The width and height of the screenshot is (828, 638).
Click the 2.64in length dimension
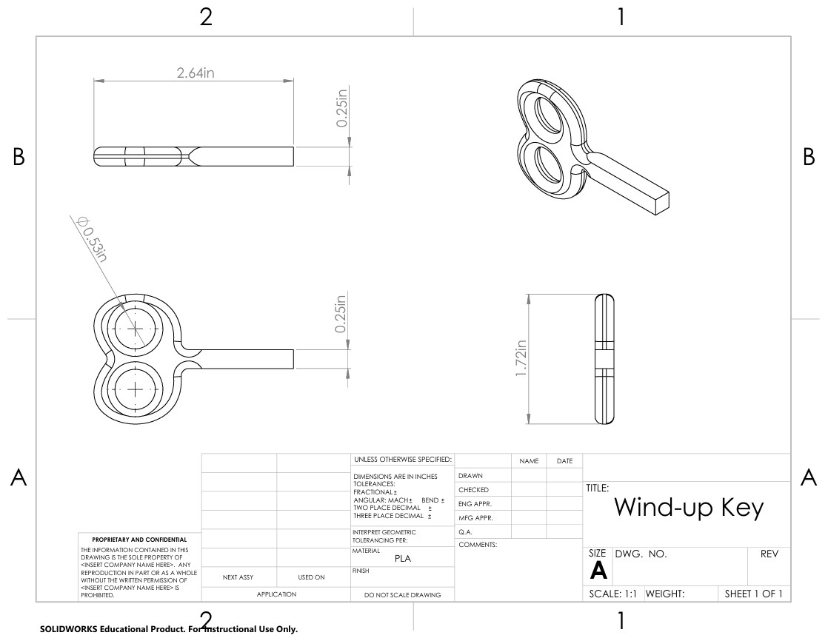click(196, 73)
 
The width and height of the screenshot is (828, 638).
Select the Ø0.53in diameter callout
click(93, 238)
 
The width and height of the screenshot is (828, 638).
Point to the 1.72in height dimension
click(521, 358)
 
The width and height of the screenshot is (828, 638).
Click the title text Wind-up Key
click(689, 508)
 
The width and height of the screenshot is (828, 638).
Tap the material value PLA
click(402, 558)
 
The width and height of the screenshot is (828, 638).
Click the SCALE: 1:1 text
click(612, 594)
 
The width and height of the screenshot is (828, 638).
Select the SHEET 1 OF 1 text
click(753, 594)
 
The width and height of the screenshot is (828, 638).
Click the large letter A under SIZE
click(598, 571)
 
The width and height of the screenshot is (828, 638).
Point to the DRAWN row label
click(470, 475)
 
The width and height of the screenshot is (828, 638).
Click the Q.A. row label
click(465, 532)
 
